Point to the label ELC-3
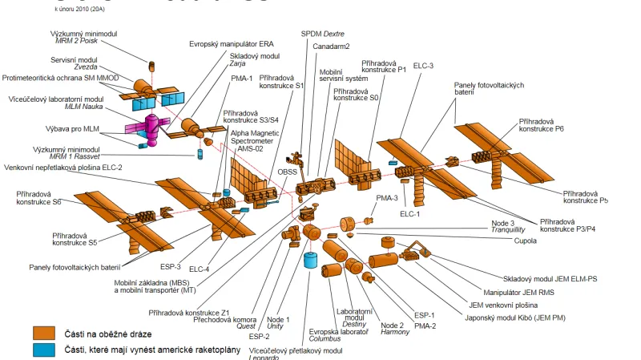(423, 66)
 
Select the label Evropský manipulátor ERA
(227, 43)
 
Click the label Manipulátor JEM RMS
(526, 291)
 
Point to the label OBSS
(288, 170)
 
